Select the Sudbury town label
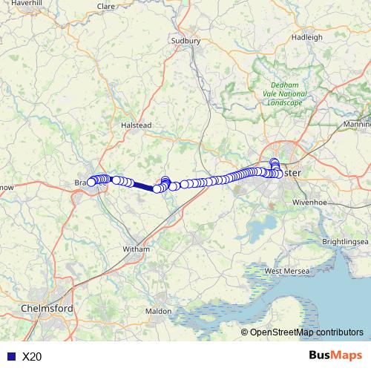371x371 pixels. (185, 41)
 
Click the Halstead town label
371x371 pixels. (136, 126)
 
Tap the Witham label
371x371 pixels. (136, 249)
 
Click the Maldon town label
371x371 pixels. (158, 311)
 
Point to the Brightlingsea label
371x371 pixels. (345, 242)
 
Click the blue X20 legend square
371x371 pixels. (10, 356)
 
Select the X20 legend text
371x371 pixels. (33, 356)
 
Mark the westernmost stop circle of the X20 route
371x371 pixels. (91, 182)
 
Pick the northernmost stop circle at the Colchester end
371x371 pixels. (275, 162)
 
